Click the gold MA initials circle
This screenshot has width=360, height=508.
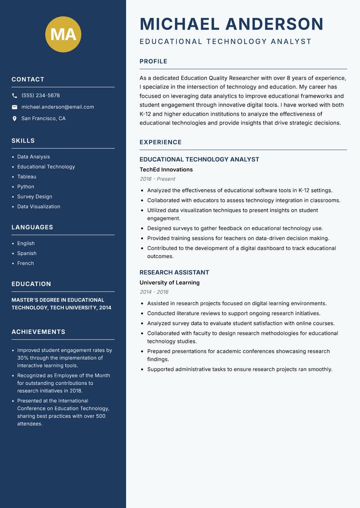[63, 34]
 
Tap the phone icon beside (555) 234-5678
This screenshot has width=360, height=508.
[14, 96]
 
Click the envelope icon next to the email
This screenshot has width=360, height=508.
[14, 107]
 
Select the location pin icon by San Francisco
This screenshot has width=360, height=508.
[14, 119]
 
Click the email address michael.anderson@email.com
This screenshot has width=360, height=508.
[58, 107]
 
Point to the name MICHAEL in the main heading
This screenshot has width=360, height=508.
[180, 24]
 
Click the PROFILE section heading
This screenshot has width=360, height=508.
[153, 62]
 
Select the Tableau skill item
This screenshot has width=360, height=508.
[27, 177]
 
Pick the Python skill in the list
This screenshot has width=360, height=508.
[26, 187]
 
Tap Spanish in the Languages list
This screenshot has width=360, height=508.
[27, 253]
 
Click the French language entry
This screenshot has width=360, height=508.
[25, 263]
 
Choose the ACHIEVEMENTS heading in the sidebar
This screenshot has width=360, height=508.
[38, 332]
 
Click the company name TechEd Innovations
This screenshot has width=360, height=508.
[166, 169]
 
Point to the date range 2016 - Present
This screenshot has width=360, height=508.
[157, 179]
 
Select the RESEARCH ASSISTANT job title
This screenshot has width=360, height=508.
[174, 272]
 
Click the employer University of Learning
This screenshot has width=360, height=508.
[169, 283]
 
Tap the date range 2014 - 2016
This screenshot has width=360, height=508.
[154, 292]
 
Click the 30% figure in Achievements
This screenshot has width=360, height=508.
[23, 358]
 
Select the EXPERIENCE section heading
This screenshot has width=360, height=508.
[160, 142]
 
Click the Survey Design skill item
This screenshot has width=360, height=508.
[35, 196]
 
